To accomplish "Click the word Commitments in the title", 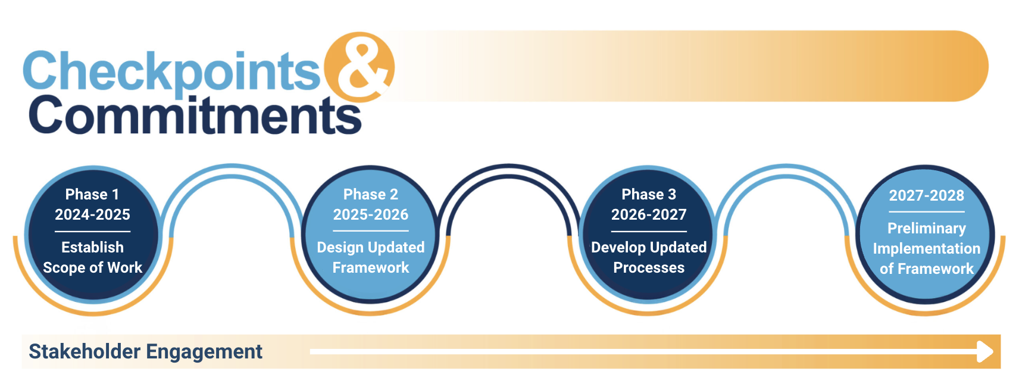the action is click(195, 115).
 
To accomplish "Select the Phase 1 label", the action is click(92, 195).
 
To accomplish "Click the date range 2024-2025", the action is click(92, 214).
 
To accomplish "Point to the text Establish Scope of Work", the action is click(92, 258).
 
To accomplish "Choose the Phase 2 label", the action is click(371, 195).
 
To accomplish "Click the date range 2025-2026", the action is click(371, 214).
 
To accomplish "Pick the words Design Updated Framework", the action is click(371, 258).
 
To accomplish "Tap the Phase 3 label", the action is click(649, 195).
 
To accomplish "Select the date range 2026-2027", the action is click(649, 214).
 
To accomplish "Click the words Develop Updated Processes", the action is click(649, 258).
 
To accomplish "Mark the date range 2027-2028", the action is click(927, 195).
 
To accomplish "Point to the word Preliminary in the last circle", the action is click(927, 228).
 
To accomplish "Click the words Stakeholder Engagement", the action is click(146, 351).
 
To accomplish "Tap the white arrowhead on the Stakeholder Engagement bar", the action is click(985, 351).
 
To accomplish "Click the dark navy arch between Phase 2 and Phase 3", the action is click(509, 169).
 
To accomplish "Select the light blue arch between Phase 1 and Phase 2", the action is click(232, 169).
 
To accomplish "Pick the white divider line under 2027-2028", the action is click(927, 212).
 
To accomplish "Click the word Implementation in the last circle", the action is click(927, 249).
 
